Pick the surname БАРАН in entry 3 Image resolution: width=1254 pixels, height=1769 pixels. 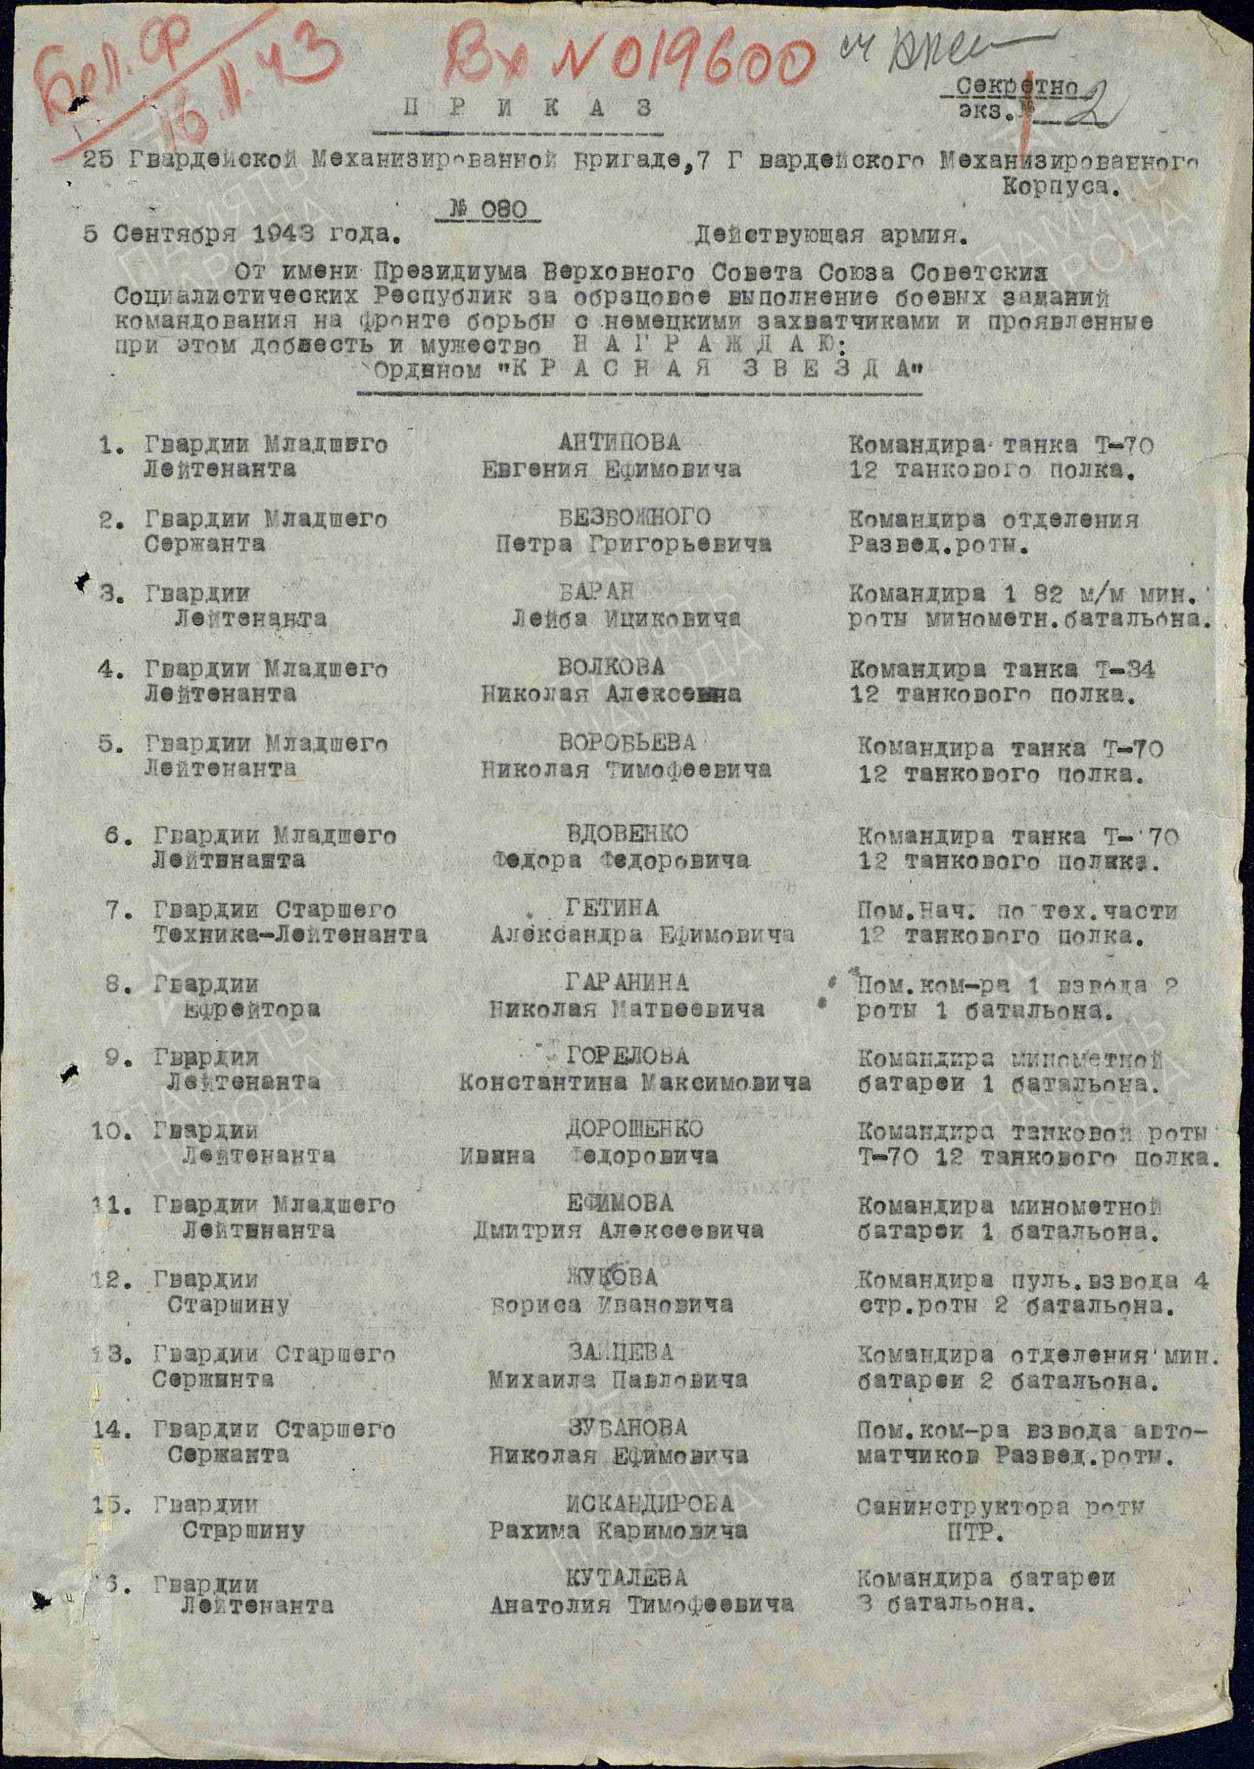[x=596, y=592]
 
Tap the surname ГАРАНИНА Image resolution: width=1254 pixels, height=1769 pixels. [x=626, y=982]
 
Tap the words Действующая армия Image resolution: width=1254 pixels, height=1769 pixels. [x=830, y=236]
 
